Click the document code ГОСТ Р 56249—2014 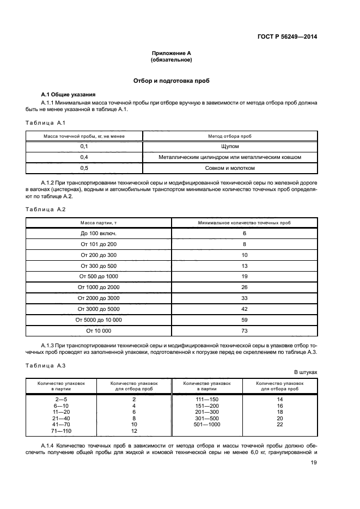coord(287,36)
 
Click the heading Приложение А coord(171,53)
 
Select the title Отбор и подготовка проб coord(172,81)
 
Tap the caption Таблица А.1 coord(46,122)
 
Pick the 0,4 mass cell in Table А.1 coord(84,157)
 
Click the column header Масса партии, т coord(99,223)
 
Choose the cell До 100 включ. coord(99,234)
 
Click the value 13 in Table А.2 coord(244,266)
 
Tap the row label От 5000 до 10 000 coord(99,320)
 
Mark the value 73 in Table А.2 coord(244,330)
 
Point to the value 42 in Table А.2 coord(244,309)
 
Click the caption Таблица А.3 coord(46,366)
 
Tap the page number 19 coord(314,463)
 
